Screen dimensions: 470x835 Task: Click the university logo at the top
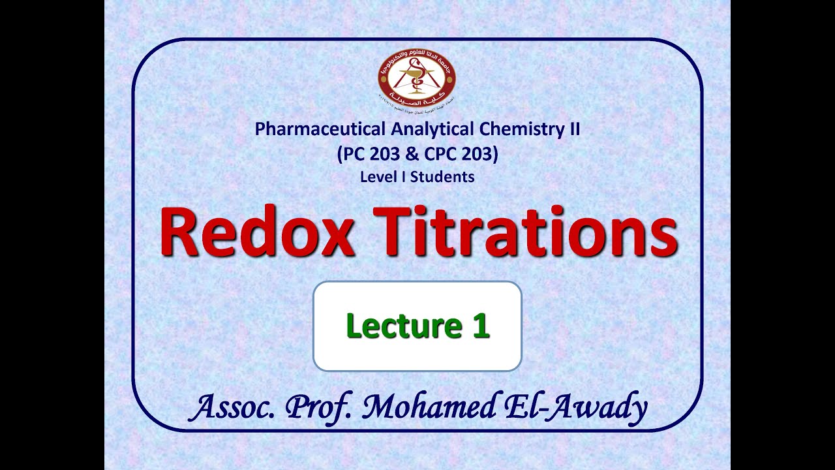pos(417,78)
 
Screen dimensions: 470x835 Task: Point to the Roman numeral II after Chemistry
pos(572,129)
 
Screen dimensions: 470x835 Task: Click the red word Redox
pos(258,232)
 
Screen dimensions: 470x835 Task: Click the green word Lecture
pos(395,326)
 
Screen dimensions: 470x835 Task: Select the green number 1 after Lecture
pos(481,326)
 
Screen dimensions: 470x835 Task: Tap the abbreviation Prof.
pos(321,408)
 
